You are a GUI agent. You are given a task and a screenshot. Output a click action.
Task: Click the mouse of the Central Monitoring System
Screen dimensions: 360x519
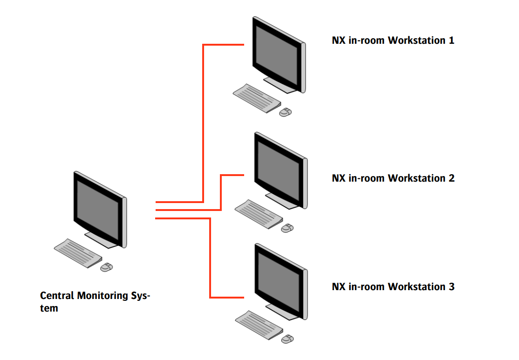(x=107, y=267)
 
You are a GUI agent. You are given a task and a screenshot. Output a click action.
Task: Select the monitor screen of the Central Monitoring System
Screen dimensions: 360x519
(x=98, y=208)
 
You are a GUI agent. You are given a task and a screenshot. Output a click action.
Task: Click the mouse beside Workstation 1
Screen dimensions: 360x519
(x=286, y=112)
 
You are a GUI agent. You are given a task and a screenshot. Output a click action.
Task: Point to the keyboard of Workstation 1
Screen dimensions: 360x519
(x=257, y=98)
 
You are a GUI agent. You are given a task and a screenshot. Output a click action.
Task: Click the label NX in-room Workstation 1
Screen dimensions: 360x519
(x=393, y=41)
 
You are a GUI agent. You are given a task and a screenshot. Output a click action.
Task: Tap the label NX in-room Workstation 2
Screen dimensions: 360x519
(x=393, y=178)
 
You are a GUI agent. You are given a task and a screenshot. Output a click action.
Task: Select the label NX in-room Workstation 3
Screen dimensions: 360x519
(x=393, y=287)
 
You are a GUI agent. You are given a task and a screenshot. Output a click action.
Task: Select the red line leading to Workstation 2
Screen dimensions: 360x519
(x=220, y=191)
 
